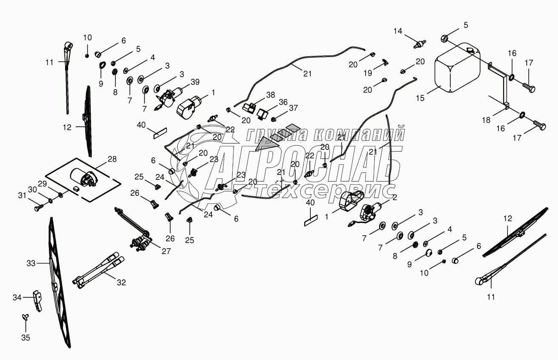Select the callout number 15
pos(420,98)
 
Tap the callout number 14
pos(398,31)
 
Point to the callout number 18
pos(486,120)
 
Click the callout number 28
pos(112,159)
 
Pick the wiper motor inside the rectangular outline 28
pos(84,177)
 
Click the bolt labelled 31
pos(39,207)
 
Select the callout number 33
pos(31,263)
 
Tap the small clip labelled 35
pos(26,317)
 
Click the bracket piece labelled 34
pos(37,300)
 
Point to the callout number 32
pos(121,282)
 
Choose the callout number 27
pos(166,251)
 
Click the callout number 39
pos(195,82)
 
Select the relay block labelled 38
pos(249,108)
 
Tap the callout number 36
pos(283,102)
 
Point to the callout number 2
pos(395,197)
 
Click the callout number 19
pos(368,73)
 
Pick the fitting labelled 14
pos(420,44)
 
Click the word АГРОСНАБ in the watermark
pos(304,166)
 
